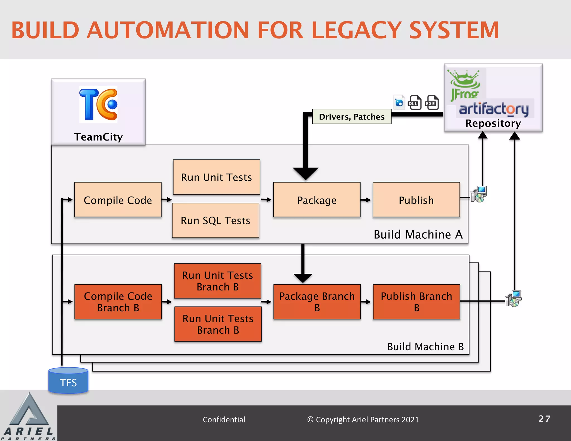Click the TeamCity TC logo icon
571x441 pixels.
pos(98,105)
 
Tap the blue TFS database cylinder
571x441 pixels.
pos(68,381)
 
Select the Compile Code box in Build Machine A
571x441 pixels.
pos(118,200)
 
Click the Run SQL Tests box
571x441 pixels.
pos(216,220)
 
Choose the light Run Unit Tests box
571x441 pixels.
pos(216,177)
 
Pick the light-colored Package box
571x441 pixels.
pos(317,200)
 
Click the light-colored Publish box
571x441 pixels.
pos(416,200)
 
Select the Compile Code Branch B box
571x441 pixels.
pos(118,302)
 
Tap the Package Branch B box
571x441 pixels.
pos(317,302)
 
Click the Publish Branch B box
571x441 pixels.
pos(416,302)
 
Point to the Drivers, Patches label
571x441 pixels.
pos(352,117)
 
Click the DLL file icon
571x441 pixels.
pos(415,103)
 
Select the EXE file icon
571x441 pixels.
pos(432,103)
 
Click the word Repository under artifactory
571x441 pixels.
pos(493,123)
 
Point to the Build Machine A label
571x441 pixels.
pos(418,234)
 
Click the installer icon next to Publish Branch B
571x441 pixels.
pos(514,299)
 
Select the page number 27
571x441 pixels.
pos(544,419)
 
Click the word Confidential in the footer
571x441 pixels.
pos(224,420)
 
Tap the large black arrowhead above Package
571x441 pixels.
pos(306,173)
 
